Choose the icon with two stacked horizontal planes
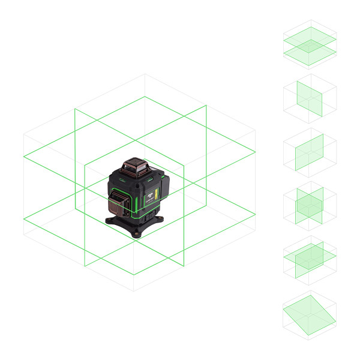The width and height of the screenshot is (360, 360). coord(310,45)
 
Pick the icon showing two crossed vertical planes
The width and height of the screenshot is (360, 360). coord(310,206)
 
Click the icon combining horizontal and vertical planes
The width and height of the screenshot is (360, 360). coord(310,259)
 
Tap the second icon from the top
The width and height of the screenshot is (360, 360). coord(310,98)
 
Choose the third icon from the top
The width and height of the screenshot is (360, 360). coord(310,152)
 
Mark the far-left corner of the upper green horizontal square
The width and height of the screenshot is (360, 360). coord(24,157)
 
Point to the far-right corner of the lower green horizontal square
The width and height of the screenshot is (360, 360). coord(256,213)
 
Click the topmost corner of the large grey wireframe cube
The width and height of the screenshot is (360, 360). coord(145,74)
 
